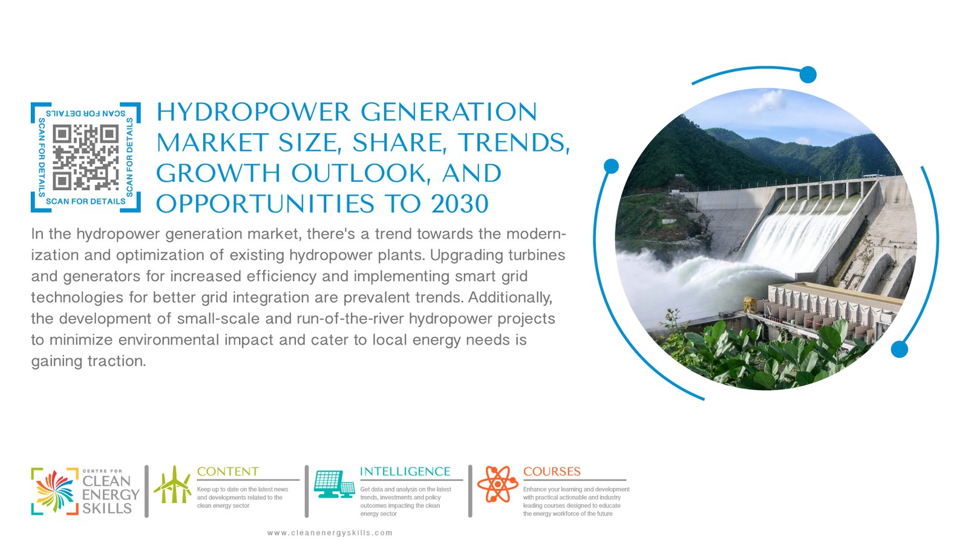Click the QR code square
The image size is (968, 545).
[x=85, y=157]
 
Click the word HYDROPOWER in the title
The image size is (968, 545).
[x=253, y=112]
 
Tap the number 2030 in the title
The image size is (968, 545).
[x=460, y=204]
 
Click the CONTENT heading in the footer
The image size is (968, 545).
[x=227, y=472]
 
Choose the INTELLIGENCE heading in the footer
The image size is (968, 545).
[x=405, y=472]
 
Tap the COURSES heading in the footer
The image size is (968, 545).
[x=552, y=472]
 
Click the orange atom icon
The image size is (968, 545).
[x=497, y=484]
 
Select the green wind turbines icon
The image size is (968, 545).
[x=172, y=484]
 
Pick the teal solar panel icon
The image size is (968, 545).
[x=335, y=484]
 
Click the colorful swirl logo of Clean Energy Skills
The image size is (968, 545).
[x=55, y=491]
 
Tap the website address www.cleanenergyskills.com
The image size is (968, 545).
[x=330, y=533]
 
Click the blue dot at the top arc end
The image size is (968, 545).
[x=808, y=74]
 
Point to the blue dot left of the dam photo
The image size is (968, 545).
[x=611, y=166]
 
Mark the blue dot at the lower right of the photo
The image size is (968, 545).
[x=899, y=349]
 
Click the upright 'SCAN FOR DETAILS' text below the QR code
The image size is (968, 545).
[x=85, y=202]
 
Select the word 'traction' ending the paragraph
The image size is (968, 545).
[x=117, y=361]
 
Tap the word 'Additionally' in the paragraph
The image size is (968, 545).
[x=510, y=297]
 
